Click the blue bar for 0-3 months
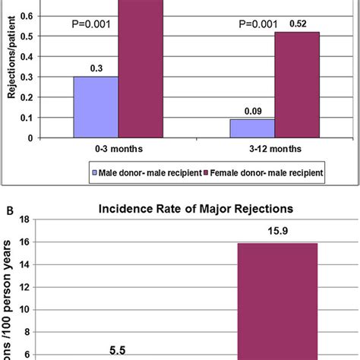96,107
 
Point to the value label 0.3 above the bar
96,68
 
